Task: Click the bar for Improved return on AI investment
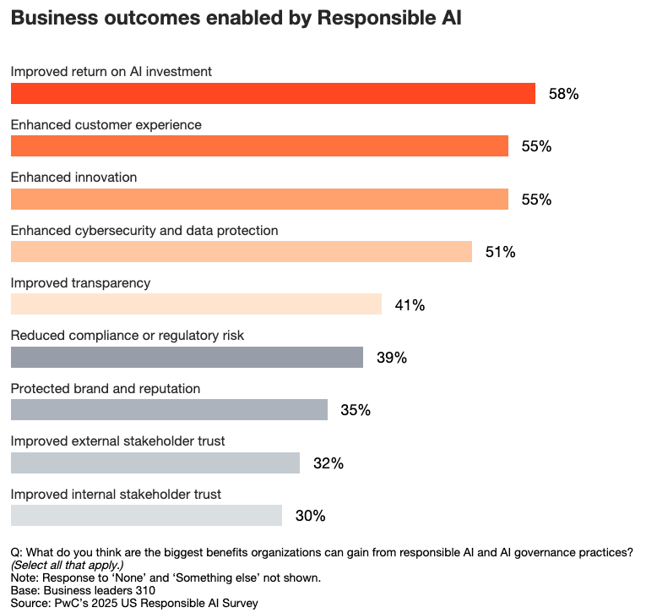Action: tap(273, 93)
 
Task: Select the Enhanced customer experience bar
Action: tap(259, 145)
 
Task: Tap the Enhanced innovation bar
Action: tap(259, 199)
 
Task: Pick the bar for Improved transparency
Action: tap(196, 304)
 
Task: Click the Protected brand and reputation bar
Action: tap(169, 410)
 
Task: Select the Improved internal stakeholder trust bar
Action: tap(146, 515)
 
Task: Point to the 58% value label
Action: tap(563, 94)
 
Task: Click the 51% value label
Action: tap(500, 252)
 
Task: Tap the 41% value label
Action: tap(410, 305)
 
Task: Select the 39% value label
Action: tap(392, 358)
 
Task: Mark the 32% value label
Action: tap(328, 463)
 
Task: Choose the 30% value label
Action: tap(310, 516)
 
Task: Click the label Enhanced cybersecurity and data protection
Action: tap(144, 230)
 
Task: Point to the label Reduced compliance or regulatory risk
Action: tap(128, 336)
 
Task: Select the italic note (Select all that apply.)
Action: tap(63, 564)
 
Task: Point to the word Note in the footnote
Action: tap(24, 577)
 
